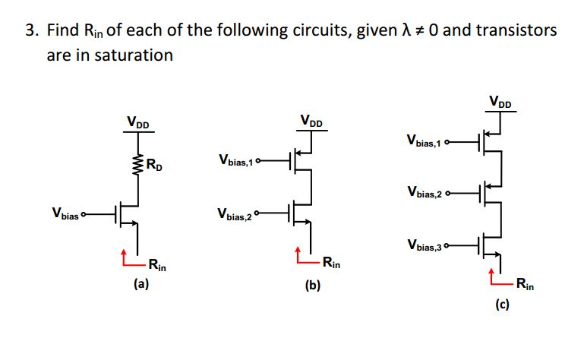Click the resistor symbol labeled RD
138,163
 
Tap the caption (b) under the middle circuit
313,286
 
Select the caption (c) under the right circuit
503,305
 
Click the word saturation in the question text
134,55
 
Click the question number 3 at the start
30,31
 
